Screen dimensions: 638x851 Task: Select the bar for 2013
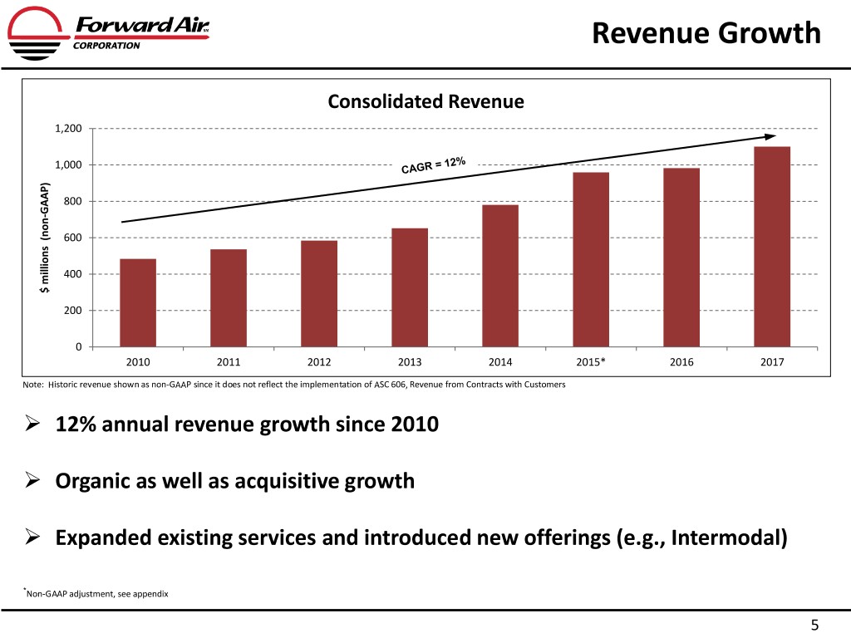410,287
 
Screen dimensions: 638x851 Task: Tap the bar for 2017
772,247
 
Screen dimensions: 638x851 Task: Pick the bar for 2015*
591,259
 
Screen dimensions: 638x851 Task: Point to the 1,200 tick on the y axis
68,129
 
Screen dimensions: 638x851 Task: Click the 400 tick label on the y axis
71,274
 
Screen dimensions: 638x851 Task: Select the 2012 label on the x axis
319,362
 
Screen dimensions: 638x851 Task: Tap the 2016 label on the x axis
681,362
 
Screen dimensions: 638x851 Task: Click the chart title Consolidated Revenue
425,102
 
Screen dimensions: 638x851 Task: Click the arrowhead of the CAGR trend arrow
770,136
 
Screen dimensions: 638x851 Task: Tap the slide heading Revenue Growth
706,33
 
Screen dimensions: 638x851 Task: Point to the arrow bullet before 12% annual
32,424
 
